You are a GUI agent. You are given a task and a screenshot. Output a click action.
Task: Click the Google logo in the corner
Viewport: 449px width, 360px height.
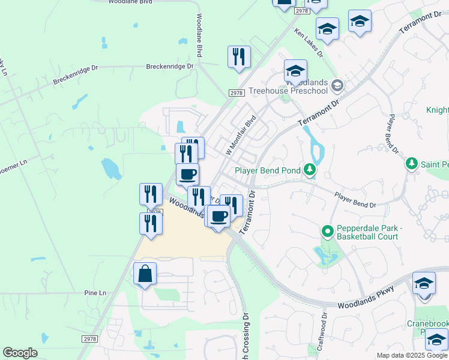20,353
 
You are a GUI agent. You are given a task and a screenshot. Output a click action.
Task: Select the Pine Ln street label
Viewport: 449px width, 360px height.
95,292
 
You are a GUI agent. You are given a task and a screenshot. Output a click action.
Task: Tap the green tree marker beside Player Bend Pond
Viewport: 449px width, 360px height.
309,170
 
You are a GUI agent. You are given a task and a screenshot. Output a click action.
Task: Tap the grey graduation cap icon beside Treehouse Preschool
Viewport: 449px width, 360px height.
337,85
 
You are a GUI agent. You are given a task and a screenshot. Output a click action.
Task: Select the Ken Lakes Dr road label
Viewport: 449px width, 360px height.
309,42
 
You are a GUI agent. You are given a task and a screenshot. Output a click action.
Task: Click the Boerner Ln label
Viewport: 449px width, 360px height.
14,163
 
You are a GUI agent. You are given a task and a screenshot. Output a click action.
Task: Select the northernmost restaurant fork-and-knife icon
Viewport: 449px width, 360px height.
239,57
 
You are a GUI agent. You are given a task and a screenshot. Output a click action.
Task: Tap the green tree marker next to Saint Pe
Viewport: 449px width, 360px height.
411,163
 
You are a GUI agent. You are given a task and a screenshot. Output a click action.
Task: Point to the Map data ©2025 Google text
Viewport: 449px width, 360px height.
412,355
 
